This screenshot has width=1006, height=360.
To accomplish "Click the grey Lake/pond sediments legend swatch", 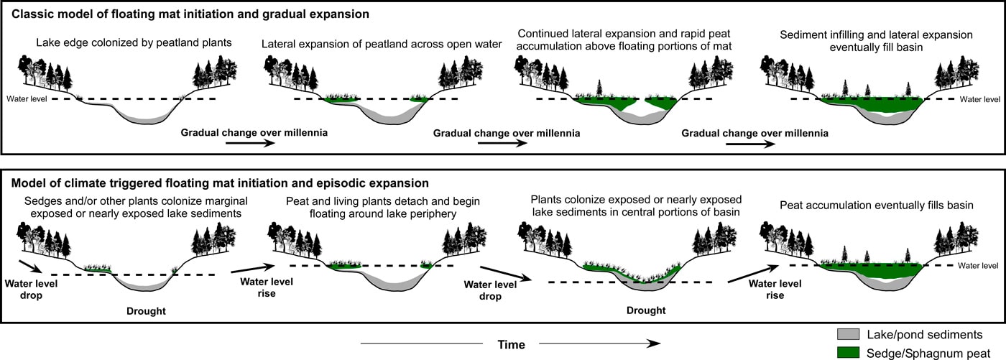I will [848, 334].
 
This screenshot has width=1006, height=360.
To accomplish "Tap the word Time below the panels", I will [511, 344].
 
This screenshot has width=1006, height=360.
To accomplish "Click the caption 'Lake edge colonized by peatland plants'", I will [134, 42].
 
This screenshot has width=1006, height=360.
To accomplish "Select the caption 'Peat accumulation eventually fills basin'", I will [877, 206].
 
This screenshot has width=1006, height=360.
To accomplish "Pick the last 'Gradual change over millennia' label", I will [754, 133].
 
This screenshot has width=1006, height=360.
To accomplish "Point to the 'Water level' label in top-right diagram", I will [980, 98].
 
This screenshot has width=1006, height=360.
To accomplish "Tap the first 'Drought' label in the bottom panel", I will [148, 310].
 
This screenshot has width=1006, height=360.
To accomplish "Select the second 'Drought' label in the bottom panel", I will [646, 310].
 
